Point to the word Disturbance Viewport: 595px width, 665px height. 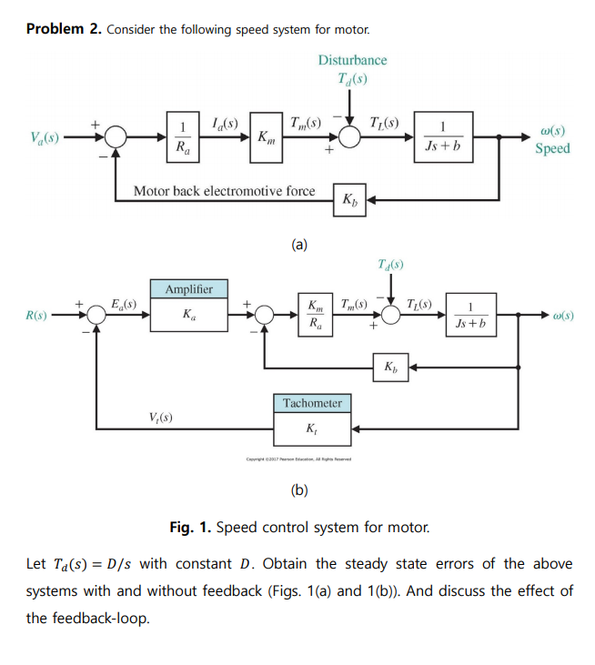pyautogui.click(x=352, y=60)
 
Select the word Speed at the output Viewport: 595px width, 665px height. pyautogui.click(x=552, y=148)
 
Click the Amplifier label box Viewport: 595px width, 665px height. pyautogui.click(x=189, y=289)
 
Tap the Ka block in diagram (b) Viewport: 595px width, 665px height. pyautogui.click(x=189, y=316)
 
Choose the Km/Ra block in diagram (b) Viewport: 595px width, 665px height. pyautogui.click(x=315, y=315)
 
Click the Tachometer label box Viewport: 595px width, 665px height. pyautogui.click(x=312, y=403)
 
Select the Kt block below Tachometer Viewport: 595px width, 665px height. pyautogui.click(x=312, y=427)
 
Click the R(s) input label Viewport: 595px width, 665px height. pyautogui.click(x=37, y=316)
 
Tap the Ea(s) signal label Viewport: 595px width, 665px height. pyautogui.click(x=123, y=304)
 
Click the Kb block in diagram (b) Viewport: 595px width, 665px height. pyautogui.click(x=390, y=368)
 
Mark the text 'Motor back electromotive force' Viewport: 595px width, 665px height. pyautogui.click(x=224, y=191)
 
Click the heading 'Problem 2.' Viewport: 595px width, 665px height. pyautogui.click(x=64, y=29)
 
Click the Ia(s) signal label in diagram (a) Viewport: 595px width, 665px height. pyautogui.click(x=224, y=124)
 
